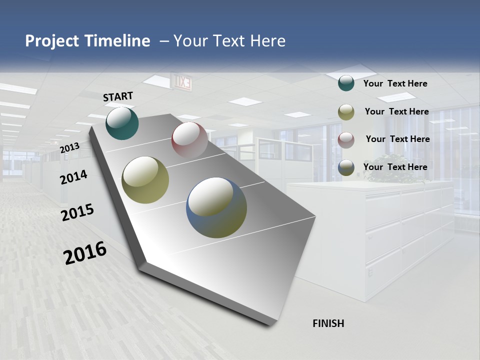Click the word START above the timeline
coord(118,96)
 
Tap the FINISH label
coord(328,323)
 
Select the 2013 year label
coord(69,148)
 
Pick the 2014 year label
coord(73,177)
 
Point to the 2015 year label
coord(77,212)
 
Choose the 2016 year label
coord(85,253)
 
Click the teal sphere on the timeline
coord(122,123)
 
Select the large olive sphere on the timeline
coord(145,179)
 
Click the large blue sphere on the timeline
coord(216,207)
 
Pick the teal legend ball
coord(346,83)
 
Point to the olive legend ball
coord(346,112)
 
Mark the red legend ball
coord(346,140)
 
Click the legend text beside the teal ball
coord(395,83)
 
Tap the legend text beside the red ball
coord(397,139)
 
